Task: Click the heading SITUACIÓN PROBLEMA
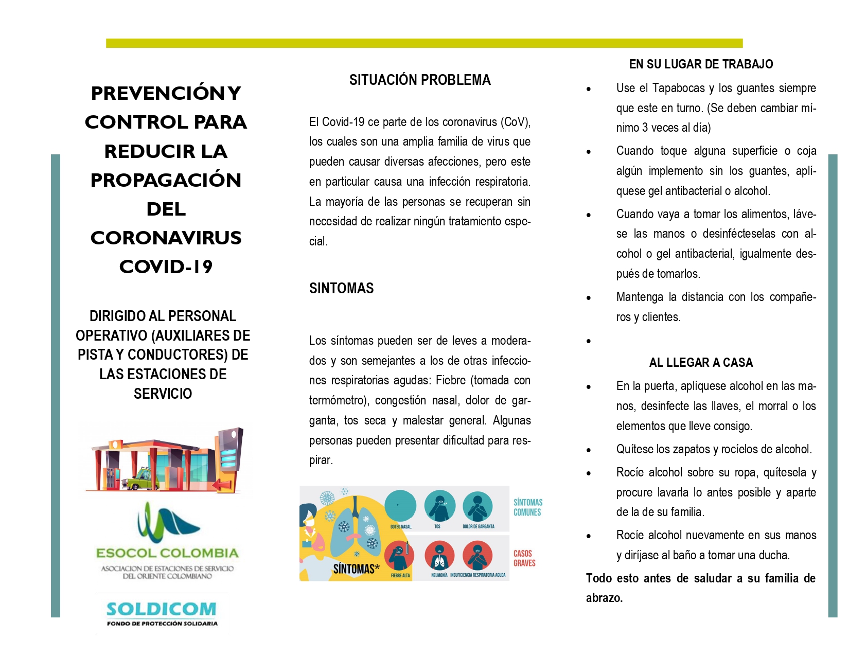tap(420, 80)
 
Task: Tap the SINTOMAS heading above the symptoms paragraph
tap(341, 288)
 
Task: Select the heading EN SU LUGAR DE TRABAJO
tap(701, 64)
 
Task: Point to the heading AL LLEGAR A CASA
tap(701, 363)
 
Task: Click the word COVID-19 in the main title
tap(166, 267)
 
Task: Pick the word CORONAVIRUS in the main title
tap(166, 238)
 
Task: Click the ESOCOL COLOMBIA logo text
tap(167, 553)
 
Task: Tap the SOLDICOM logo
tap(162, 610)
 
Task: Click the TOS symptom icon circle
tap(439, 506)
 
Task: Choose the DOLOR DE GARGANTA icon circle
tap(477, 506)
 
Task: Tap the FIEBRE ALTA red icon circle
tap(400, 556)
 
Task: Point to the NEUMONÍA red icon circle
tap(439, 556)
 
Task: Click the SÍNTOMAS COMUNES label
tap(527, 507)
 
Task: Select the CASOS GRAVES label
tap(524, 558)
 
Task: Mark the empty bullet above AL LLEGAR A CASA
tap(589, 341)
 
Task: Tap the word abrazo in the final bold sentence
tap(604, 598)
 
